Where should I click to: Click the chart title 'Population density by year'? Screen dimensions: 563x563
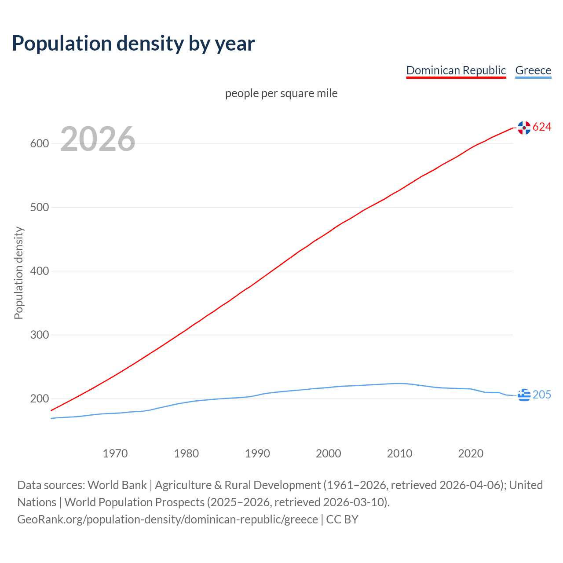click(x=133, y=43)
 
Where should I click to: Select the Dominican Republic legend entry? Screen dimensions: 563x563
click(x=456, y=70)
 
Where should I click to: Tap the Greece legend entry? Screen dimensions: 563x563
click(x=533, y=70)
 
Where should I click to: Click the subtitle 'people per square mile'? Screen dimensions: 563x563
click(x=281, y=93)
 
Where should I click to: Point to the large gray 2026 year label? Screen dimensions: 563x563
click(x=98, y=139)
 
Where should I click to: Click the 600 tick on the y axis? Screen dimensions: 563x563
click(x=40, y=143)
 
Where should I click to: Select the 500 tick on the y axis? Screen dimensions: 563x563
click(x=40, y=207)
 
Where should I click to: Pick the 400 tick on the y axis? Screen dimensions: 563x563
click(x=40, y=271)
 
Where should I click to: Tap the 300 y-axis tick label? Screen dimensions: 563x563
click(x=40, y=335)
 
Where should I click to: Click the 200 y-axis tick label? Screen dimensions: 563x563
click(x=40, y=399)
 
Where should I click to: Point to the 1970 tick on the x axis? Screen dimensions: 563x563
click(x=115, y=453)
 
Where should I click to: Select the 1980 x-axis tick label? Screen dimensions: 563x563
click(x=186, y=453)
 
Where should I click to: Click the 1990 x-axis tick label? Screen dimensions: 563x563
click(x=257, y=453)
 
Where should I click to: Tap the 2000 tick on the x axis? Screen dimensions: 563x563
click(x=329, y=453)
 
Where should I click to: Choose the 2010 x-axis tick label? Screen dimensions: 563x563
click(x=399, y=453)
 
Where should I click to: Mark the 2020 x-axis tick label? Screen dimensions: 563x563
click(x=471, y=453)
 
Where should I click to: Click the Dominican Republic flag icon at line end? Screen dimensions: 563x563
click(x=524, y=128)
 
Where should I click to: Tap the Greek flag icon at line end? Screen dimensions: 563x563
click(x=524, y=395)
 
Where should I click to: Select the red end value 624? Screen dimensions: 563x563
click(x=542, y=127)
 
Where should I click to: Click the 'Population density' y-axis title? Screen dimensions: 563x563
click(x=18, y=273)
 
